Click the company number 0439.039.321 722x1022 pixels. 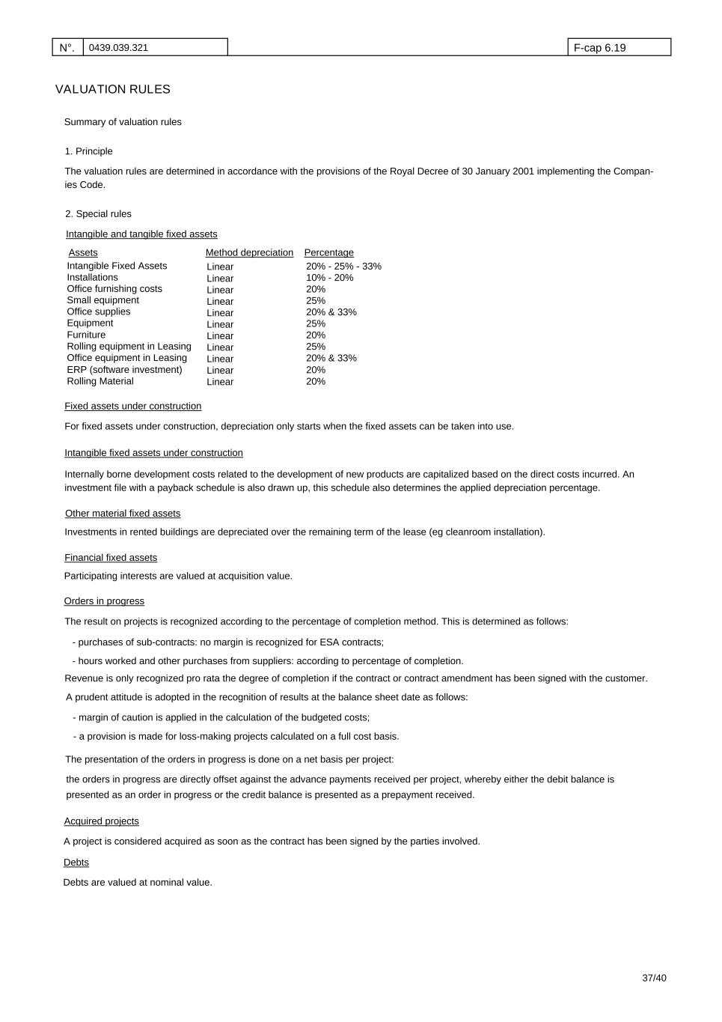118,48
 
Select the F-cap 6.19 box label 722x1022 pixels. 599,48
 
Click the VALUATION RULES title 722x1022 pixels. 113,89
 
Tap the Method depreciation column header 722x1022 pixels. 249,253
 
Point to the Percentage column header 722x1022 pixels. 328,253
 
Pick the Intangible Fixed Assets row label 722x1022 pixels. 117,266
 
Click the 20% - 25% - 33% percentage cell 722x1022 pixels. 343,267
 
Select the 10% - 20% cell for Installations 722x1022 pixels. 329,278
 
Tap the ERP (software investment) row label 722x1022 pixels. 124,370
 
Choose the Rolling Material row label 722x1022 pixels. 100,381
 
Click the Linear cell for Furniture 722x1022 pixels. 220,335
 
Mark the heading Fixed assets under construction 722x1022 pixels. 132,406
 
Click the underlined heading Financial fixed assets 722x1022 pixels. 111,558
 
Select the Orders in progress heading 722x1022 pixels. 104,601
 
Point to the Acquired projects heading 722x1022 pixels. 101,821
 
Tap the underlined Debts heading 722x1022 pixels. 76,863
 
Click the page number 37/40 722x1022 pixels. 654,978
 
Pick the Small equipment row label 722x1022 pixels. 103,300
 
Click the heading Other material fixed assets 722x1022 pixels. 123,514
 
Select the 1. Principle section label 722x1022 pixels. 89,151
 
